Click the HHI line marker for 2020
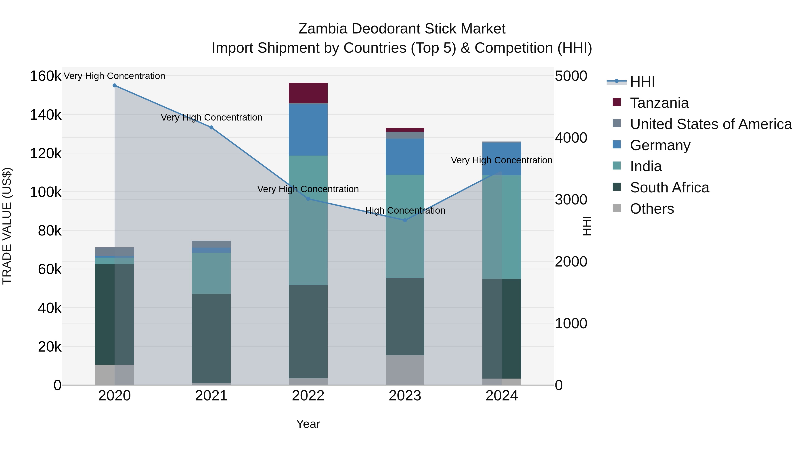115,85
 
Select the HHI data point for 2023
405,220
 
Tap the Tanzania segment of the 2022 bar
308,93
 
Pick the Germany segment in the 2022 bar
308,129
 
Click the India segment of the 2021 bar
211,273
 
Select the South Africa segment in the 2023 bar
405,317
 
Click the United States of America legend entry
711,124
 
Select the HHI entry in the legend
642,82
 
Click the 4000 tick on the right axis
571,137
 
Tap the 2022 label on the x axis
308,396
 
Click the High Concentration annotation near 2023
405,210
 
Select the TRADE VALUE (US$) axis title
7,226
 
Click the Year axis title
308,424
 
